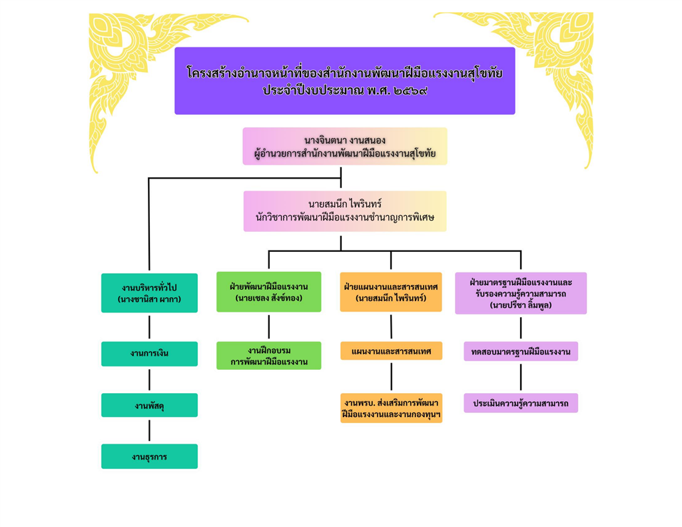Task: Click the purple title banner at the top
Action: [344, 81]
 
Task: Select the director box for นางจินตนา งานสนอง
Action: [344, 147]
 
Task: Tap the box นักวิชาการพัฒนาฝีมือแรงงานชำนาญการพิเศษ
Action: [344, 211]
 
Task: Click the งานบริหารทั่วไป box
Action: [149, 293]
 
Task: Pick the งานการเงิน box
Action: [149, 354]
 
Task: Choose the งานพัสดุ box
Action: [149, 405]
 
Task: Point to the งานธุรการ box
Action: [149, 457]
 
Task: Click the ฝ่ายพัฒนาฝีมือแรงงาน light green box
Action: [268, 292]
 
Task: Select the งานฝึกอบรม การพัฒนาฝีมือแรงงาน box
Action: [268, 356]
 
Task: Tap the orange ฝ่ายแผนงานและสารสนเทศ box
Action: [390, 292]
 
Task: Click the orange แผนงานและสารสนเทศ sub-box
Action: [391, 351]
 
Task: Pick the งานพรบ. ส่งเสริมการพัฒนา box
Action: [391, 408]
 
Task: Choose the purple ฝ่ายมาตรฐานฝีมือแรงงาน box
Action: [520, 293]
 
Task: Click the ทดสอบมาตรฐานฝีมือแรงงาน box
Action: [520, 352]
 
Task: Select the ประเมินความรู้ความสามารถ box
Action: [520, 404]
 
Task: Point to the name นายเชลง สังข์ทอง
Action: [268, 298]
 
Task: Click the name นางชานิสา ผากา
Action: [149, 300]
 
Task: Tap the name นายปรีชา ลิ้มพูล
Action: [520, 306]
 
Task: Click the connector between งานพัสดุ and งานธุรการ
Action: [149, 430]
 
